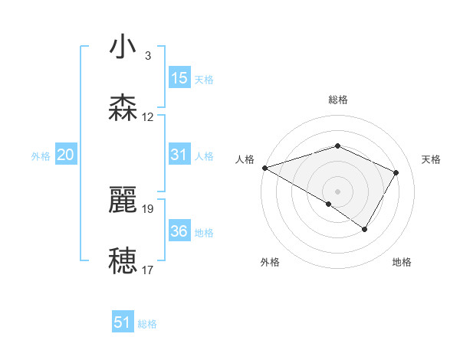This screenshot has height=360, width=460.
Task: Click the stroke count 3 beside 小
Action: click(x=148, y=55)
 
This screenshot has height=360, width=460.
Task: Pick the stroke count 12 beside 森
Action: click(x=148, y=117)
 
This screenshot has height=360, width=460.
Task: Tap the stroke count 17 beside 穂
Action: click(x=148, y=270)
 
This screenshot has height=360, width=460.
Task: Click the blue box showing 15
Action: click(x=179, y=78)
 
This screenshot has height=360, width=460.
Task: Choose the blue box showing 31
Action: click(x=179, y=155)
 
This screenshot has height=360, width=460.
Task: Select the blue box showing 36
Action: click(x=179, y=231)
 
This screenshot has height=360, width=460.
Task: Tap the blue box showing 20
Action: click(x=65, y=155)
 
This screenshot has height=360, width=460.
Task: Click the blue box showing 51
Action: click(x=123, y=322)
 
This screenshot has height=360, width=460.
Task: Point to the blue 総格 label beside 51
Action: click(x=147, y=324)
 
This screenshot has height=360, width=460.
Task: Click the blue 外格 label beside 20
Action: click(x=41, y=156)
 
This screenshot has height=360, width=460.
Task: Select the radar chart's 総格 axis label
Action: click(x=337, y=100)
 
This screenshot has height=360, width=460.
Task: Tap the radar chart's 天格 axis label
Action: click(x=432, y=159)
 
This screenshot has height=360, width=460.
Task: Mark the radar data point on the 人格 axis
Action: click(x=264, y=168)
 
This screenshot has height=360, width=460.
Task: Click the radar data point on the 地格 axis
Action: click(x=365, y=229)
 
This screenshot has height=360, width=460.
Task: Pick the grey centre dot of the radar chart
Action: click(x=337, y=191)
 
